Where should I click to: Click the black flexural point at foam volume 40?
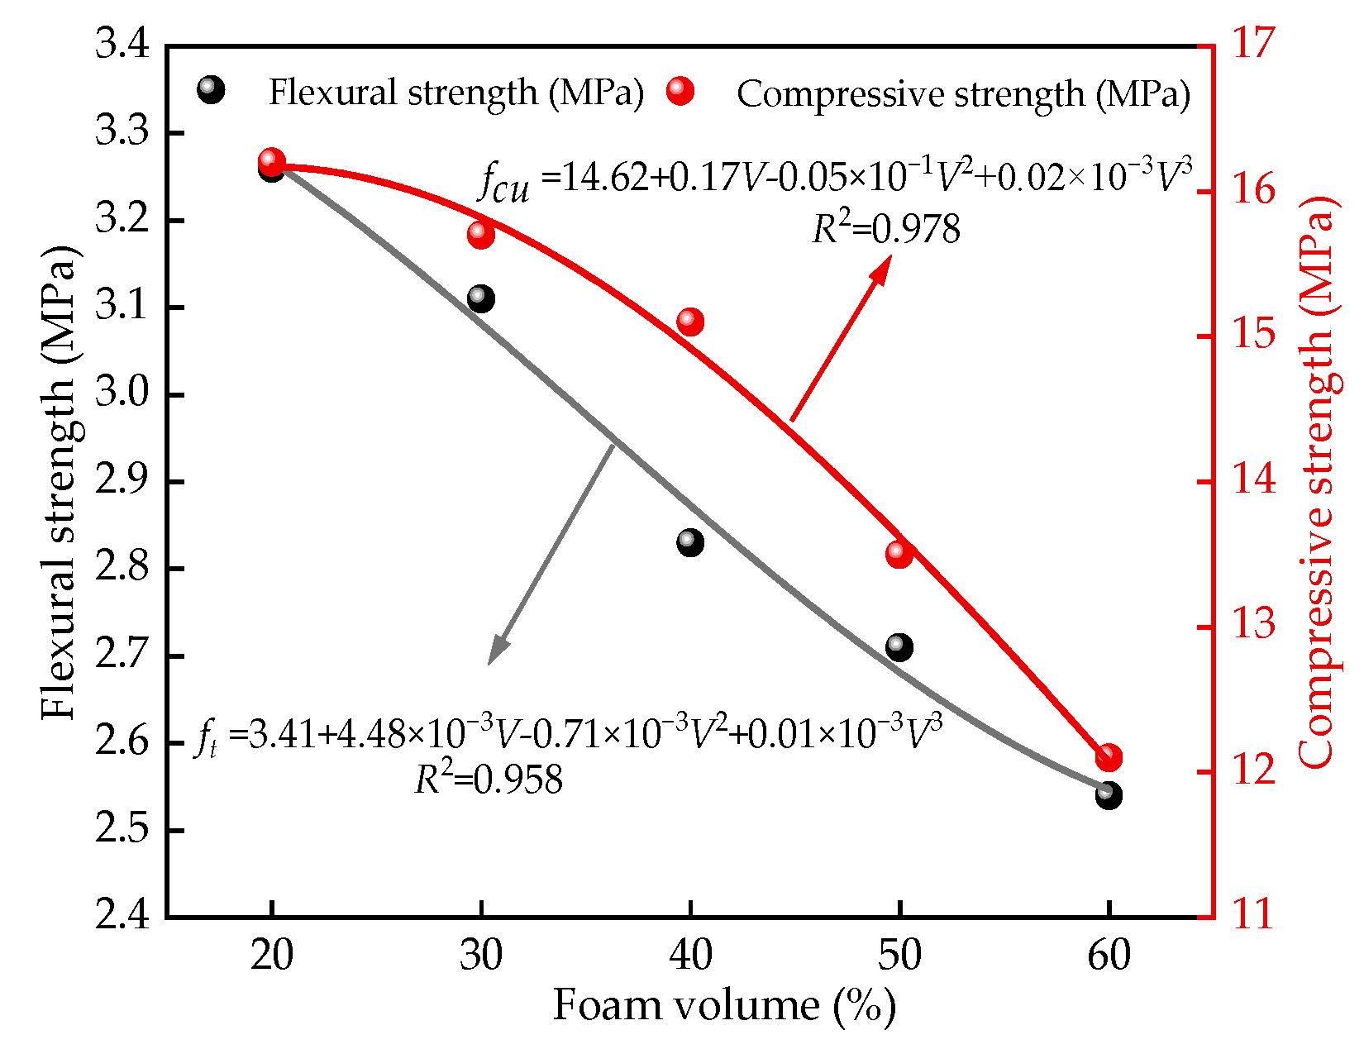(x=689, y=543)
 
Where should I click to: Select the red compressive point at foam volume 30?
(x=480, y=235)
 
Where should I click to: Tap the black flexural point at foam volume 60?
(x=1109, y=795)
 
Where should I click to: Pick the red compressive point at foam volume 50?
(x=899, y=554)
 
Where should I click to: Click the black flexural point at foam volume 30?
(x=480, y=298)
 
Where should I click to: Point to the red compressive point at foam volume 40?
(x=689, y=322)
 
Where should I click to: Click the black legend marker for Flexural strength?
(x=211, y=89)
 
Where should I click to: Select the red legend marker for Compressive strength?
(x=680, y=91)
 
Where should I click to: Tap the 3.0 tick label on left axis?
(x=122, y=394)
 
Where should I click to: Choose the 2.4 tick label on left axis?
(x=122, y=917)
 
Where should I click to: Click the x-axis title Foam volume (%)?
(x=724, y=1007)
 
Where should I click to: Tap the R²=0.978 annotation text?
(x=886, y=230)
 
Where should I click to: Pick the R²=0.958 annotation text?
(x=489, y=780)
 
